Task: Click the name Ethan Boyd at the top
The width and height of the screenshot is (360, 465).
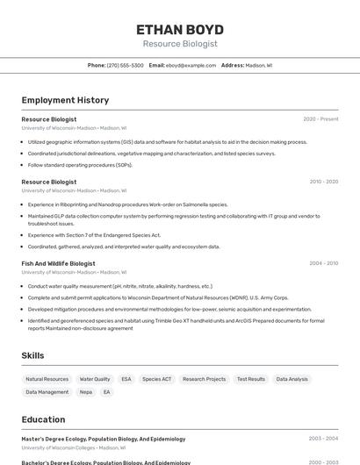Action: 180,29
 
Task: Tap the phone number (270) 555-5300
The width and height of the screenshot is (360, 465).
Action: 125,65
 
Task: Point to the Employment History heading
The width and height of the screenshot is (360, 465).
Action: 65,100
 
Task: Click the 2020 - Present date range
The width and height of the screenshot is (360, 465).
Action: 320,118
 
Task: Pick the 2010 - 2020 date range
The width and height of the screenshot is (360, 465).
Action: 323,182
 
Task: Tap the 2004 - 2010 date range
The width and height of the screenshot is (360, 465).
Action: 323,263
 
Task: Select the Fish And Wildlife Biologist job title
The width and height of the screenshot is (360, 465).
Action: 58,263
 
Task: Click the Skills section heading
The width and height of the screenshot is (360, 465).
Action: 33,355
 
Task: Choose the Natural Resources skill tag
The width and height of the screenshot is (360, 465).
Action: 47,379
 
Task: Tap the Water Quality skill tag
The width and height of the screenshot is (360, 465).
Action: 95,379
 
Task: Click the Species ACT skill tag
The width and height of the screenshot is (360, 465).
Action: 157,379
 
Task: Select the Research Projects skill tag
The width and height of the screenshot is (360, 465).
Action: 204,379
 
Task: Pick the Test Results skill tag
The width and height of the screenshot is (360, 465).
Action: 250,379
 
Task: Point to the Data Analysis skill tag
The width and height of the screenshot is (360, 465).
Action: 292,379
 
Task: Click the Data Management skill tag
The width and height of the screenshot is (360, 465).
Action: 47,392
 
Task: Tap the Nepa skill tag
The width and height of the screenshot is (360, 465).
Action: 85,392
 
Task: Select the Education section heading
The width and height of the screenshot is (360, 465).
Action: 43,419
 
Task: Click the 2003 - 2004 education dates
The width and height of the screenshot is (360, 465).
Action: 323,439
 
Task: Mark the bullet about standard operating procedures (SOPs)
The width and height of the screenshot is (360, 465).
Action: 80,165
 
